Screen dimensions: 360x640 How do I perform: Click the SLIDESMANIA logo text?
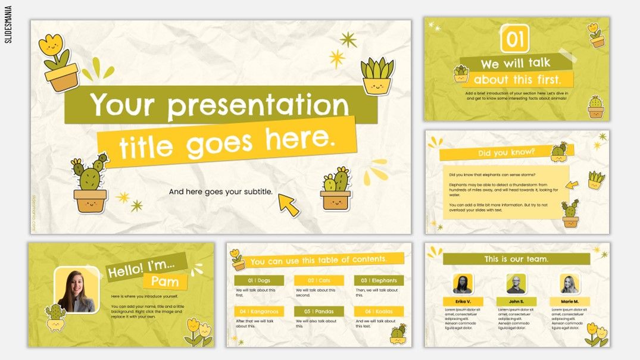[x=8, y=24]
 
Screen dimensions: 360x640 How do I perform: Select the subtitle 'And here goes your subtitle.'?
[x=221, y=192]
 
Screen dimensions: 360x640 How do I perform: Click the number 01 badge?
[x=515, y=39]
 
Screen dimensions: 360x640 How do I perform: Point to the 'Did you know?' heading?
[x=507, y=154]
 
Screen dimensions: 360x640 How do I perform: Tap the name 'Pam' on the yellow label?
[x=165, y=281]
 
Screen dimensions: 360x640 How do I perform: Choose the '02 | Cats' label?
[x=319, y=280]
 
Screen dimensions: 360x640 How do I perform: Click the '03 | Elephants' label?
[x=379, y=280]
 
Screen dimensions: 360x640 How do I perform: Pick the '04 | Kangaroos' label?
[x=259, y=311]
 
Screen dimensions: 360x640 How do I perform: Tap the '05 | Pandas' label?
[x=319, y=311]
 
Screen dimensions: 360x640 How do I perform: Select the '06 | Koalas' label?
[x=379, y=311]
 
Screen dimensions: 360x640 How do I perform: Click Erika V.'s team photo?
[x=463, y=284]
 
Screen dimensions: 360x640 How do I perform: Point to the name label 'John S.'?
[x=516, y=302]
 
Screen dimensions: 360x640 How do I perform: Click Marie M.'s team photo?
[x=570, y=284]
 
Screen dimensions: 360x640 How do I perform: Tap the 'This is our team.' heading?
[x=516, y=259]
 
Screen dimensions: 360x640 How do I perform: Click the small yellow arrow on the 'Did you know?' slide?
[x=572, y=185]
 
